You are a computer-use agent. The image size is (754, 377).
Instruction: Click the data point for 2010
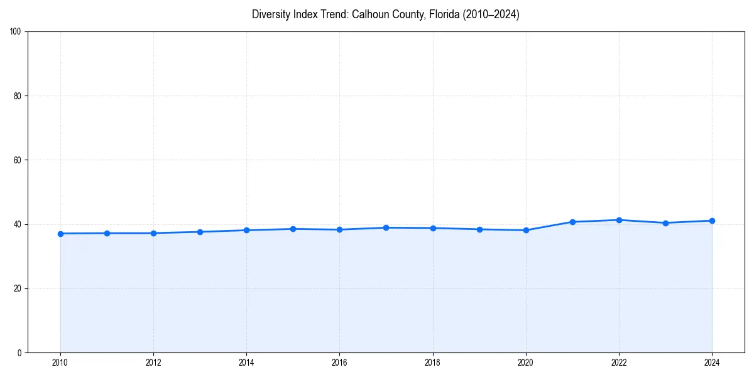pos(60,234)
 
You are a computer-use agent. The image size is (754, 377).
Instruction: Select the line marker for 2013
pos(200,232)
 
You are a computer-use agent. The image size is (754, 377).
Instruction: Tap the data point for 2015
pos(293,229)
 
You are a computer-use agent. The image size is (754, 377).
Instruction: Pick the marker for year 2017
pos(386,227)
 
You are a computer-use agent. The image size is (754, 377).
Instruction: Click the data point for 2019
pos(479,229)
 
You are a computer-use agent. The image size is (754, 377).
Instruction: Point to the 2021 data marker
pos(572,222)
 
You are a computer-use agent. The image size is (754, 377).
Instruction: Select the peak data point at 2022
pos(619,220)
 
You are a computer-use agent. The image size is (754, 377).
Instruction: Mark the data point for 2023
pos(665,223)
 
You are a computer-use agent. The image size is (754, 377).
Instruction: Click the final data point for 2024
pos(712,221)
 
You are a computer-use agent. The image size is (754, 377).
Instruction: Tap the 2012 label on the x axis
pos(153,363)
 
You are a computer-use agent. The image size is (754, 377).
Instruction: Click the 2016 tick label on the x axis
pos(339,363)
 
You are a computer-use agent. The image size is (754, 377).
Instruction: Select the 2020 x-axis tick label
pos(526,363)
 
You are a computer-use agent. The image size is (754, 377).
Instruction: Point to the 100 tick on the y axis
pos(16,32)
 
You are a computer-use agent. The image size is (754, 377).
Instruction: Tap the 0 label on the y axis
pos(20,352)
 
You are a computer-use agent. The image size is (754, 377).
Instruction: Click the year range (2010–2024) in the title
pos(491,14)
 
